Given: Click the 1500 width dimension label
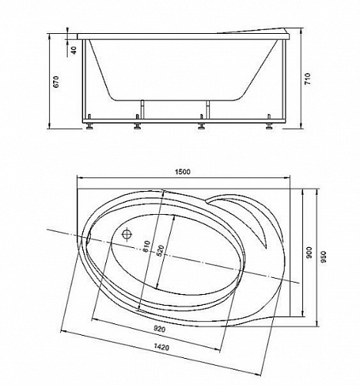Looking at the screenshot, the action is tap(183, 172).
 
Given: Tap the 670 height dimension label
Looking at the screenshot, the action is tap(56, 82).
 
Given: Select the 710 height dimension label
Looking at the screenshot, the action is tap(308, 79).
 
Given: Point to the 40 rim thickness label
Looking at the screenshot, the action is tap(73, 50).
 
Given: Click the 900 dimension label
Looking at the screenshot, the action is tap(309, 253).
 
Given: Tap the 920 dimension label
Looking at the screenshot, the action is tap(159, 329).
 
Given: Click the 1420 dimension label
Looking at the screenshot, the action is tap(162, 347).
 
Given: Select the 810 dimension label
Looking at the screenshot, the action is tap(146, 247).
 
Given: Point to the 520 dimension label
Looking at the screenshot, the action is tap(160, 251).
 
